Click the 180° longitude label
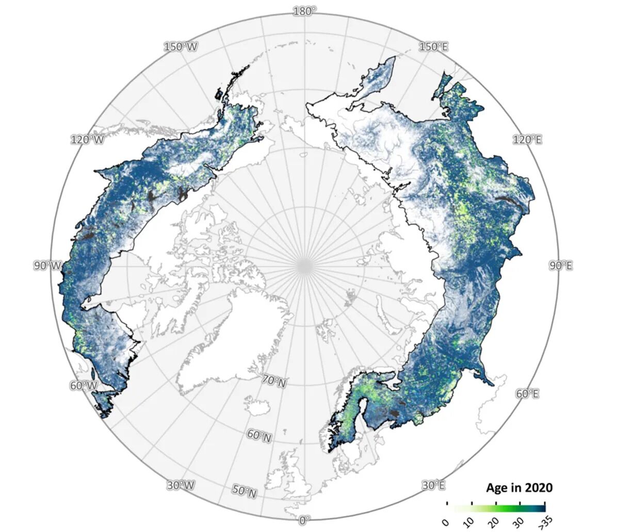(304, 11)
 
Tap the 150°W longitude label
(181, 47)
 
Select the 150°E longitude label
(433, 47)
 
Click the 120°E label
(527, 140)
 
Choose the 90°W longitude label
(47, 265)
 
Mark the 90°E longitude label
(560, 265)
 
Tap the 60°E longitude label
(527, 394)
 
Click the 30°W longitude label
(181, 485)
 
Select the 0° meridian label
(304, 520)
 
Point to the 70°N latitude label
(274, 381)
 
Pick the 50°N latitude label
(245, 491)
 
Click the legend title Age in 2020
(519, 488)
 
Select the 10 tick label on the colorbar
(469, 522)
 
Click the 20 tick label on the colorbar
(494, 522)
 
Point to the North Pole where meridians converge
(304, 265)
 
